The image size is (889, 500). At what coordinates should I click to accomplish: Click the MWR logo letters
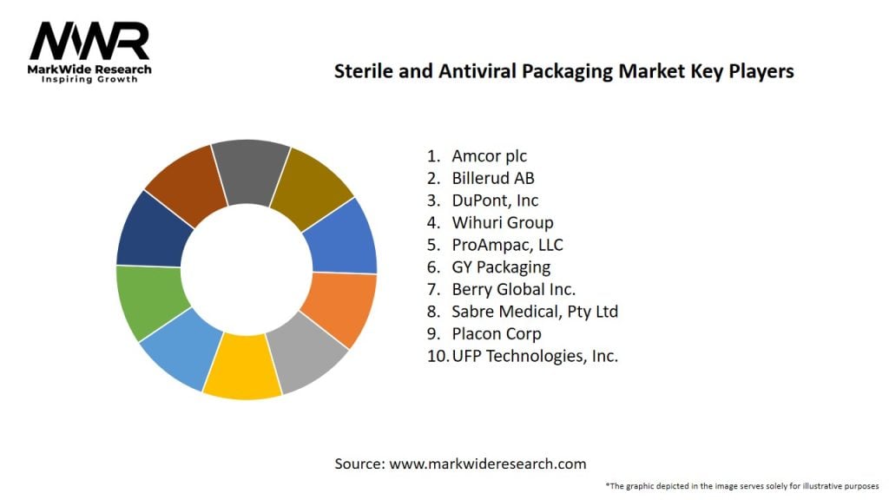[89, 41]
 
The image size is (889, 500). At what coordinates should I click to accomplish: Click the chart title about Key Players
[564, 72]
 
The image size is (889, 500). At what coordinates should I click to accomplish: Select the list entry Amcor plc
[489, 156]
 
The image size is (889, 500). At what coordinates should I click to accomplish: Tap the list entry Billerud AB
[493, 179]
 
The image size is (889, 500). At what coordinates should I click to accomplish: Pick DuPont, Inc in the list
[493, 201]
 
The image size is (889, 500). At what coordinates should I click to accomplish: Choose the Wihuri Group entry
[502, 223]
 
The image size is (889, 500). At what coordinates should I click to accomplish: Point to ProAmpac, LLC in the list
[507, 246]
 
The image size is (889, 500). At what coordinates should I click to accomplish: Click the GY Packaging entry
[501, 267]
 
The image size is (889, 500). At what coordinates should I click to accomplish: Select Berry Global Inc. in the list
[513, 289]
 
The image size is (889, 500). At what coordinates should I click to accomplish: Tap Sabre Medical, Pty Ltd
[534, 311]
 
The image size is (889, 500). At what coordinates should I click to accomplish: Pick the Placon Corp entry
[496, 333]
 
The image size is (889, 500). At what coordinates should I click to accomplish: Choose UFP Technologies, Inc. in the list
[534, 356]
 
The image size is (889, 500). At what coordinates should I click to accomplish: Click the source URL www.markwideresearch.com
[487, 464]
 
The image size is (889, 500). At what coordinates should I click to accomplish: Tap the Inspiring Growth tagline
[89, 79]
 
